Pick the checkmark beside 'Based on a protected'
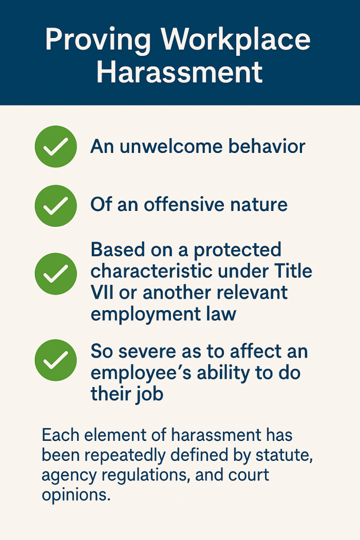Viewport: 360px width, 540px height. click(x=55, y=273)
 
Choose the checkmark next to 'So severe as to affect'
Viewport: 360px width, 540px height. click(x=55, y=360)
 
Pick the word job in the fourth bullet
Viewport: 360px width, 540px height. click(x=149, y=394)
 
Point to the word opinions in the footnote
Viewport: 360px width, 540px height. click(x=76, y=496)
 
